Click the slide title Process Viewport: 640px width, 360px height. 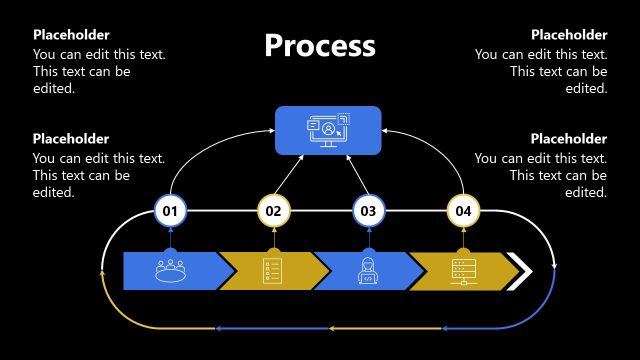pyautogui.click(x=320, y=46)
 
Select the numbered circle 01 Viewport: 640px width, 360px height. pyautogui.click(x=170, y=211)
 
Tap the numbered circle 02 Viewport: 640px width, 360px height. pyautogui.click(x=273, y=211)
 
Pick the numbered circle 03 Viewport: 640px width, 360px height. pyautogui.click(x=368, y=211)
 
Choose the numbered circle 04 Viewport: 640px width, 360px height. pyautogui.click(x=463, y=211)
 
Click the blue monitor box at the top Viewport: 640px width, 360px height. pyautogui.click(x=328, y=130)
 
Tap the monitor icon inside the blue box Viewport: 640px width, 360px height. pyautogui.click(x=328, y=130)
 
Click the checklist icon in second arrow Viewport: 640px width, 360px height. pyautogui.click(x=272, y=270)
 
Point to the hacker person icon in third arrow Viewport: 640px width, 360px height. pyautogui.click(x=367, y=270)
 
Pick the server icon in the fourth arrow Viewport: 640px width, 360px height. pyautogui.click(x=462, y=270)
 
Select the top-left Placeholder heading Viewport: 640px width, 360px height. pyautogui.click(x=71, y=35)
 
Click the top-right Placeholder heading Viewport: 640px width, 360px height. pyautogui.click(x=569, y=35)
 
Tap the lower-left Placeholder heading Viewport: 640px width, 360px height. pyautogui.click(x=71, y=139)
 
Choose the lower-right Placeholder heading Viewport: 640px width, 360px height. pyautogui.click(x=569, y=139)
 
